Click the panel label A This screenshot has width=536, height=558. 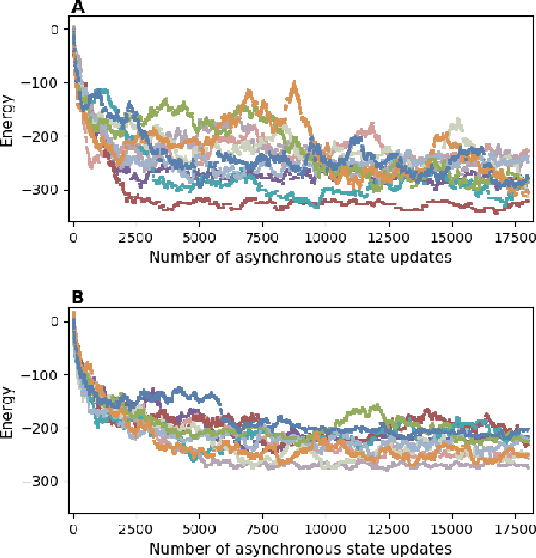coord(78,8)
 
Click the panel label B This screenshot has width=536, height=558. coord(78,298)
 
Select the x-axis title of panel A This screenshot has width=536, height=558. coord(301,257)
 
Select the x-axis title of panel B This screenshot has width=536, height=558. coord(301,549)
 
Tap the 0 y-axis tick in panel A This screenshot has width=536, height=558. coord(54,30)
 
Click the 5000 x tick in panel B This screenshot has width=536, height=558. coord(199,530)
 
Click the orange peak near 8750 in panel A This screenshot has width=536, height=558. coord(295,84)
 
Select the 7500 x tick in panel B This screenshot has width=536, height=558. coord(263,530)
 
